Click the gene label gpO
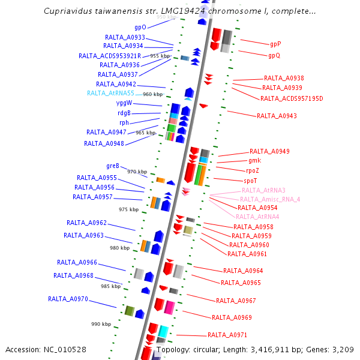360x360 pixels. point(140,28)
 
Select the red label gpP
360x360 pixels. point(275,44)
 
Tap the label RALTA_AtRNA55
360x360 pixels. point(110,93)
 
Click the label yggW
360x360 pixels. point(124,103)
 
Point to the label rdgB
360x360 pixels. point(124,113)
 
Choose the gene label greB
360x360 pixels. point(113,166)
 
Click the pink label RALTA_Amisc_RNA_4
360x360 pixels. point(270,199)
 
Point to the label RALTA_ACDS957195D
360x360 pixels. point(292,98)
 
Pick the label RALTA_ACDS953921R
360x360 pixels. point(110,56)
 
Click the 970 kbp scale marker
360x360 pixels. point(137,172)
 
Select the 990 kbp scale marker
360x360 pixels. point(101,324)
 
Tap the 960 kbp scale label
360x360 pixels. point(152,94)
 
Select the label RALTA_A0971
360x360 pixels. point(227,335)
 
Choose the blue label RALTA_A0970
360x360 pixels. point(68,299)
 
